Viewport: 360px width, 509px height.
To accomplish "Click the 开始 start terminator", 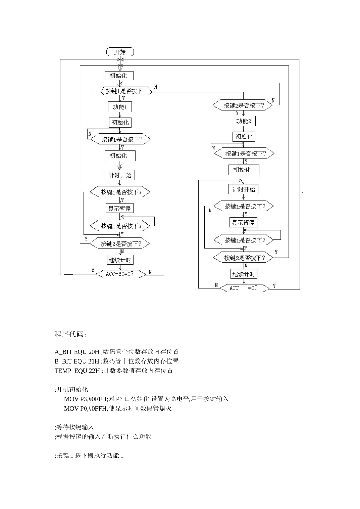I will (x=120, y=52).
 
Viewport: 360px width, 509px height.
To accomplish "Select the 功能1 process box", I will (x=120, y=107).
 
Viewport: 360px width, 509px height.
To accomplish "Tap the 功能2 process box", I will (x=244, y=121).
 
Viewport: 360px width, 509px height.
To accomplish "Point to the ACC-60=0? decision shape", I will (x=120, y=273).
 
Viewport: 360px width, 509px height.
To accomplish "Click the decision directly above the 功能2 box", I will (x=243, y=105).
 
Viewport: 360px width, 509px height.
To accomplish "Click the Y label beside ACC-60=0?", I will (x=93, y=270).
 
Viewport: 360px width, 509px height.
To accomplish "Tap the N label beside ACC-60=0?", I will (x=150, y=272).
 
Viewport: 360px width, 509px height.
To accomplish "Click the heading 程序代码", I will (x=70, y=334).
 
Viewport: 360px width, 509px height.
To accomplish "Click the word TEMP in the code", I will (x=63, y=371).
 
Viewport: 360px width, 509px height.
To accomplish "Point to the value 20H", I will (x=94, y=352).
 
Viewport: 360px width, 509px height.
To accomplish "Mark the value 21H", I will (x=94, y=361).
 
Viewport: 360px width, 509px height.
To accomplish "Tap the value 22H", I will (x=95, y=371).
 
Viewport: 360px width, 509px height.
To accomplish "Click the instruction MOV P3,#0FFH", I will (x=86, y=399).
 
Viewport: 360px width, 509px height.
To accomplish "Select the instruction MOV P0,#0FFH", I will (x=86, y=408).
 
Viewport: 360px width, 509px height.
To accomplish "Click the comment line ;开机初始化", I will (x=71, y=389).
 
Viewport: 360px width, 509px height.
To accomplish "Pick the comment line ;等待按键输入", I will (x=74, y=427).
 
